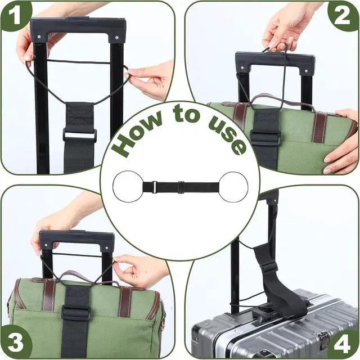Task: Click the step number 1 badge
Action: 15,15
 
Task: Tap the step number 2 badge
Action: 343,16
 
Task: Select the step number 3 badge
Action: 16,343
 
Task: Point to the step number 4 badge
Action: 343,344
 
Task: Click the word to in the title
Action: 186,114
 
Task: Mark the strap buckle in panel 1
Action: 80,136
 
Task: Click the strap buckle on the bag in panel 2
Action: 265,137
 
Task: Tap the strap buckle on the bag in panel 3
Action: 75,313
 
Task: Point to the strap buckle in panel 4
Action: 271,268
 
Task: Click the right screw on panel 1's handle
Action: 117,37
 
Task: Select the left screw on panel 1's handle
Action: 39,37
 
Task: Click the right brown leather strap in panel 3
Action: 124,301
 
